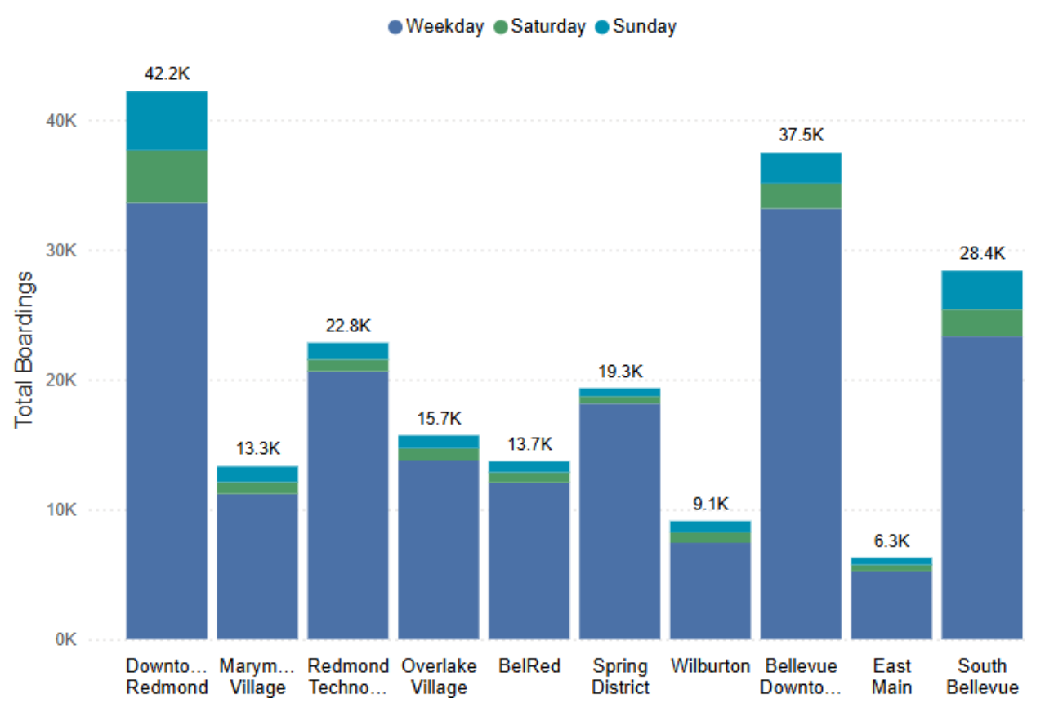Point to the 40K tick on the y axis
point(60,121)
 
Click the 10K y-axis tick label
point(60,510)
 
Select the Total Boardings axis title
point(25,349)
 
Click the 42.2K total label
point(167,73)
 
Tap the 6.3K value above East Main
point(891,541)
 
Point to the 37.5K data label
point(801,135)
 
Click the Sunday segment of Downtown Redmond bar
point(167,121)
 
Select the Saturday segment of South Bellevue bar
point(982,323)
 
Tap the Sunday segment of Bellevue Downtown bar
point(801,168)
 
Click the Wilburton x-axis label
point(710,666)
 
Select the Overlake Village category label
point(438,676)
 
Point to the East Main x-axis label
point(891,676)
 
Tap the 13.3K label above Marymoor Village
point(257,448)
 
